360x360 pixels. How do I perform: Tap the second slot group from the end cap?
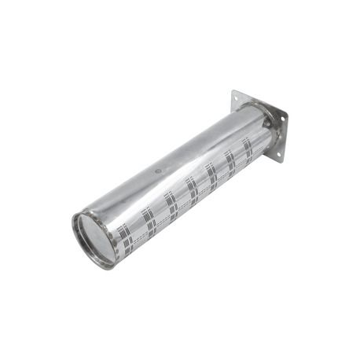pyautogui.click(x=148, y=218)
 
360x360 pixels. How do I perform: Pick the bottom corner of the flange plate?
pyautogui.click(x=280, y=162)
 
